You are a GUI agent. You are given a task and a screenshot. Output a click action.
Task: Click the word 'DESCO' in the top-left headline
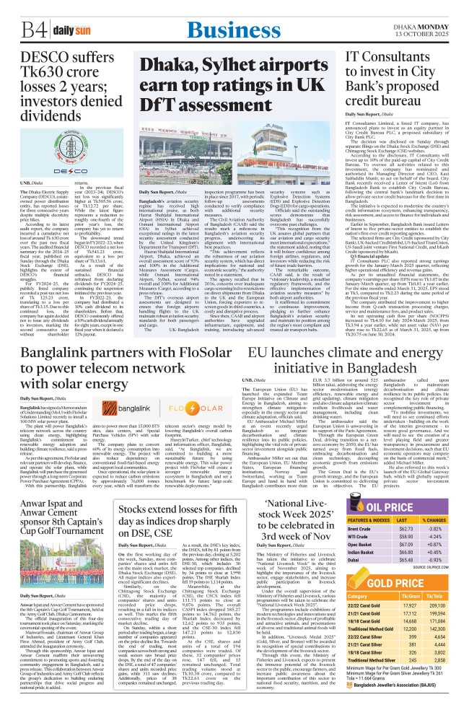[26, 58]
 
